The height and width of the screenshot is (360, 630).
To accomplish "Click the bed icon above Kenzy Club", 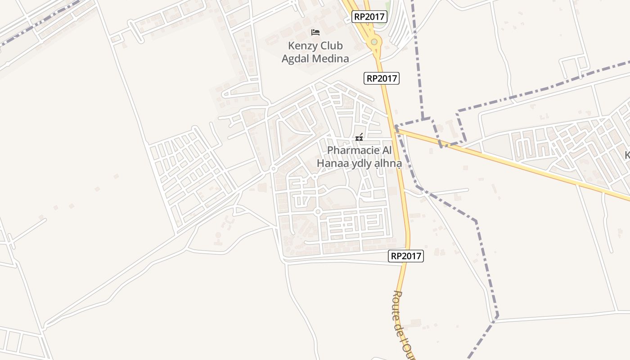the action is [315, 32].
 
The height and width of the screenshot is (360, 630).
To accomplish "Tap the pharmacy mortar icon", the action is [359, 137].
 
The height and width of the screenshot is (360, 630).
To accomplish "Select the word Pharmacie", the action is [353, 150].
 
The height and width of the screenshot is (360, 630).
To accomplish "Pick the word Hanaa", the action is [331, 163].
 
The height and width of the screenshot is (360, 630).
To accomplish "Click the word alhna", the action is [387, 163].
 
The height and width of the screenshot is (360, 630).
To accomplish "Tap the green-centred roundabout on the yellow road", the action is [374, 42].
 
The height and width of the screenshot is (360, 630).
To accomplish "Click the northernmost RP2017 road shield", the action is [369, 17].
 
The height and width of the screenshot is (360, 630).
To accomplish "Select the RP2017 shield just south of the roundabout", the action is [381, 78].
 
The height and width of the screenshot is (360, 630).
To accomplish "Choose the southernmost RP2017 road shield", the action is [406, 256].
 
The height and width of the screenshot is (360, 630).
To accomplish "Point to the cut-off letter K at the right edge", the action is [627, 155].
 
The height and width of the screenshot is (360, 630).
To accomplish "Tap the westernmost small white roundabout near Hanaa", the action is [273, 169].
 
